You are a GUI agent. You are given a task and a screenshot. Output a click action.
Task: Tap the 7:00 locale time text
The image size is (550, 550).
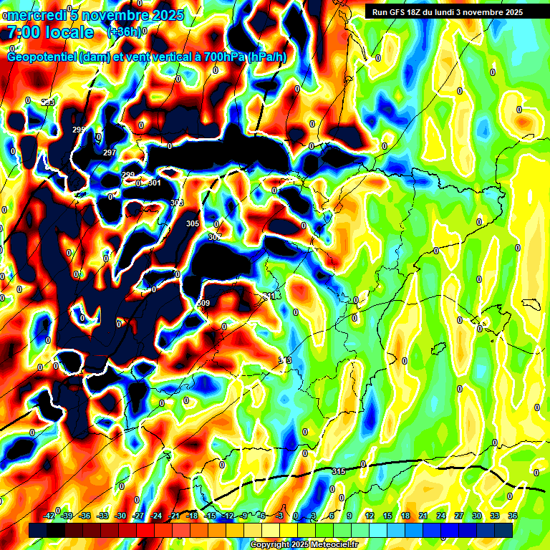pyautogui.click(x=50, y=32)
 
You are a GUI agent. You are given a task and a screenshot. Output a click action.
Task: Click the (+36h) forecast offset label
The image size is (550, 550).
pyautogui.click(x=124, y=32)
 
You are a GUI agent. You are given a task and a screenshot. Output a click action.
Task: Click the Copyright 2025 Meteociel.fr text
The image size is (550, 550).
pyautogui.click(x=304, y=545)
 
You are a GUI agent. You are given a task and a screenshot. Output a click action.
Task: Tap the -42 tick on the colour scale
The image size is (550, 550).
pyautogui.click(x=50, y=516)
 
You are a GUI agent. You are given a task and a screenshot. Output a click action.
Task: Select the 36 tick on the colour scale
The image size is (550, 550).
pyautogui.click(x=513, y=516)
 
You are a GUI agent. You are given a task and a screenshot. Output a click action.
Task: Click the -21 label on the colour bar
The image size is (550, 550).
pyautogui.click(x=174, y=516)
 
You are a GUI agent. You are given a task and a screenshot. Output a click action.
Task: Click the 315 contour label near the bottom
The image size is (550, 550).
pyautogui.click(x=339, y=471)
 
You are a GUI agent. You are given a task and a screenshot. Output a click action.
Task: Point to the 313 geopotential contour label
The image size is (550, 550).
pyautogui.click(x=285, y=360)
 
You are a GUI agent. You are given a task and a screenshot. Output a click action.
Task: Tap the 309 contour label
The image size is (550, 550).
pyautogui.click(x=203, y=304)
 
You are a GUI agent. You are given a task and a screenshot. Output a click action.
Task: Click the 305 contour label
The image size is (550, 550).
pyautogui.click(x=193, y=224)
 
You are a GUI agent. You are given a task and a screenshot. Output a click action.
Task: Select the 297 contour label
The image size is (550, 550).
pyautogui.click(x=110, y=153)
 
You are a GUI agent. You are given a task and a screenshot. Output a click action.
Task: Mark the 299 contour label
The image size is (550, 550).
pyautogui.click(x=128, y=175)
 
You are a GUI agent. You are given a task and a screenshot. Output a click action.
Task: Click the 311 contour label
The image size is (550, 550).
pyautogui.click(x=269, y=296)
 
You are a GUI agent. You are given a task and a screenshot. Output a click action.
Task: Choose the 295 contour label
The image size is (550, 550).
pyautogui.click(x=79, y=130)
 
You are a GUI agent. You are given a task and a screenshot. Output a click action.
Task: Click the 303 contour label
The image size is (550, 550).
pyautogui.click(x=177, y=203)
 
